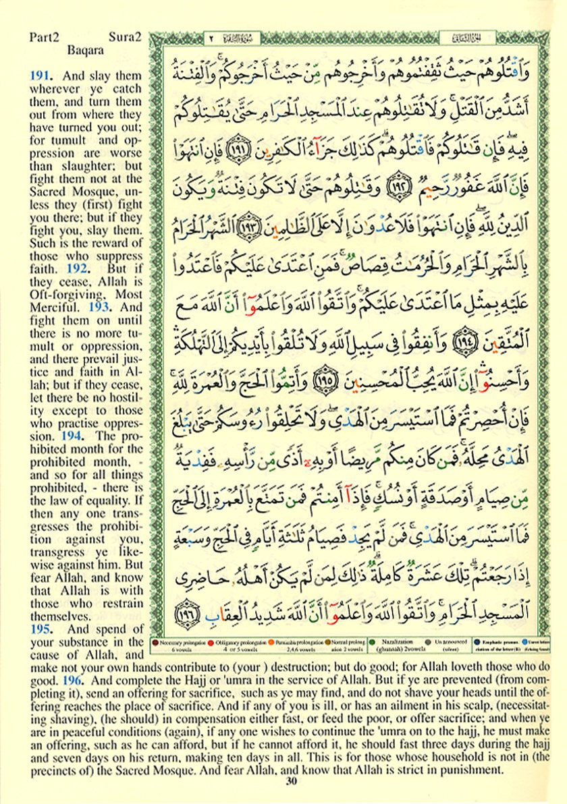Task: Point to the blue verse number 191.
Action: click(x=39, y=76)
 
